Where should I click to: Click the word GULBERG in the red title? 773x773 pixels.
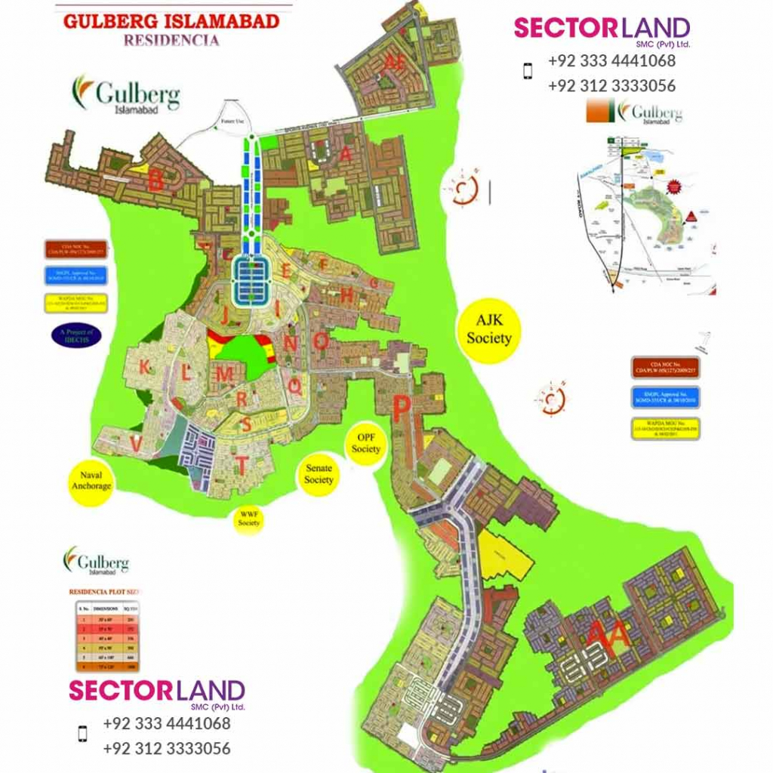coord(115,20)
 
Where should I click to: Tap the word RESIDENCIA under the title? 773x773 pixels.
coord(171,40)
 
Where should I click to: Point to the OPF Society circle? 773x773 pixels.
coord(365,443)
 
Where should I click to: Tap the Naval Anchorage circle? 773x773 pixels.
coord(91,481)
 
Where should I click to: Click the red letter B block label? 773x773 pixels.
coord(156,181)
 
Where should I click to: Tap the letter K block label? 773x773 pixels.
coord(144,368)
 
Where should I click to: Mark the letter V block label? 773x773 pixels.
coord(135,445)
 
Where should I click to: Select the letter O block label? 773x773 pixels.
coord(321,341)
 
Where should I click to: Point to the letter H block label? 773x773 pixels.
coord(346,295)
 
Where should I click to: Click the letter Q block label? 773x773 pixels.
coord(295,386)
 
